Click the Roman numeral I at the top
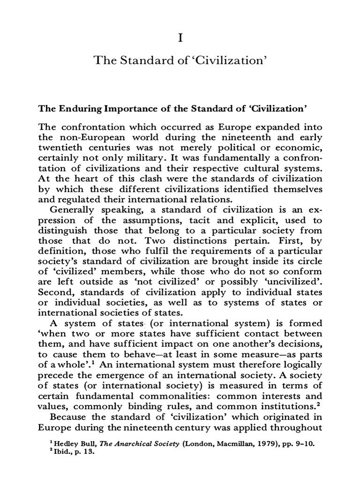(x=180, y=38)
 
